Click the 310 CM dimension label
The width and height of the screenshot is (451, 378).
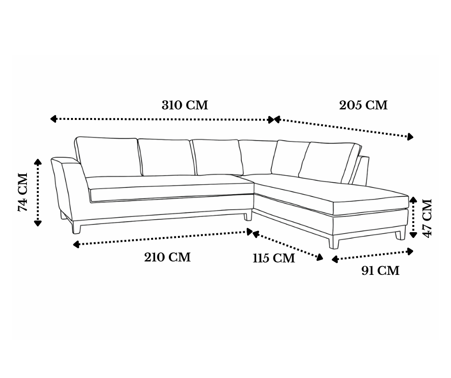185,105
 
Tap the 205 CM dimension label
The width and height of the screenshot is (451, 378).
363,105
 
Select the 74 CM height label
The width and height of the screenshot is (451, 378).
23,192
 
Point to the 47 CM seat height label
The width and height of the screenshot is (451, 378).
427,218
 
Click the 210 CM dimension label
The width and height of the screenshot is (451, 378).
167,257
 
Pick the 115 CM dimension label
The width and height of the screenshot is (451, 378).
274,258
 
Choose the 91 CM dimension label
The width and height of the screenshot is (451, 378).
380,271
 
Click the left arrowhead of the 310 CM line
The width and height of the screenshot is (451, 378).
53,118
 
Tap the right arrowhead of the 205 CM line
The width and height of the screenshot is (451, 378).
410,137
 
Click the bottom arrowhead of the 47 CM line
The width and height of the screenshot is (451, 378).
413,235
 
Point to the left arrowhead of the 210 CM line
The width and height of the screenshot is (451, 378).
76,245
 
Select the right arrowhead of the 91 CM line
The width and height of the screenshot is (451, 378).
410,251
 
